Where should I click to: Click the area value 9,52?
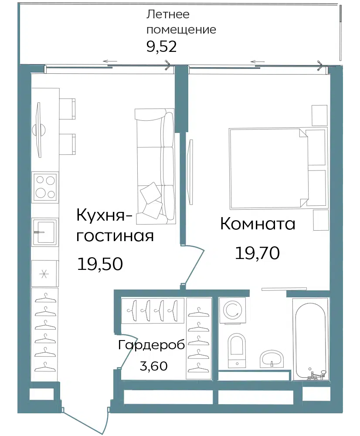pos(162,47)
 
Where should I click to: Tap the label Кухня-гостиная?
pos(115,225)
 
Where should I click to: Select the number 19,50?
pos(100,264)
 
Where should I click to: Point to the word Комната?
pos(258,224)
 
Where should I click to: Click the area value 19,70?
pos(258,253)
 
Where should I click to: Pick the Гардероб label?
pos(152,345)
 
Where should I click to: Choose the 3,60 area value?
pos(154,366)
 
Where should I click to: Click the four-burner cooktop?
pos(45,187)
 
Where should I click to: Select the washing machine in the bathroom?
pos(233,310)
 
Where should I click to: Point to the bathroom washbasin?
pos(272,359)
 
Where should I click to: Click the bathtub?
pos(311,339)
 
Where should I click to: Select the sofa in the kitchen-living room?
pos(155,166)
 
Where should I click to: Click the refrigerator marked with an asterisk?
pos(45,274)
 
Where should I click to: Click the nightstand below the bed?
pos(321,220)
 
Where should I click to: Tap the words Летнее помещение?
pos(181,22)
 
